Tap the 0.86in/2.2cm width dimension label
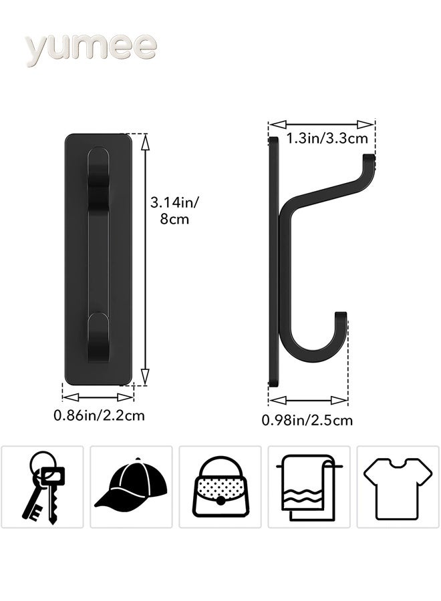click(x=99, y=415)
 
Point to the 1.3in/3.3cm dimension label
click(x=327, y=139)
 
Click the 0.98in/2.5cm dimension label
click(x=307, y=420)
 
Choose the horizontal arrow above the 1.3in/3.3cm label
click(x=321, y=124)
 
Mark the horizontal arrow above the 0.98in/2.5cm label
click(x=308, y=401)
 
